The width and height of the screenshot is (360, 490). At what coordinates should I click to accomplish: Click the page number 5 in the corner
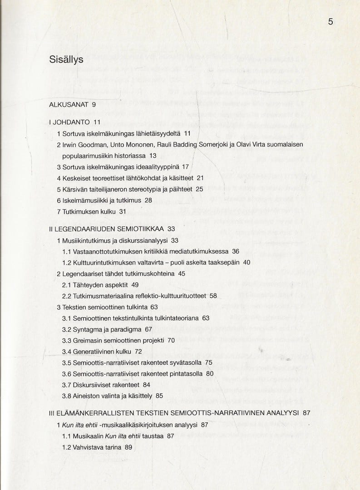coord(330,22)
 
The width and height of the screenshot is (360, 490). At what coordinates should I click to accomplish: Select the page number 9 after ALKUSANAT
coord(94,104)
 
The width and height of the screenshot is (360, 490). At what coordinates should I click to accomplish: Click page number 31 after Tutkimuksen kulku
coord(122,211)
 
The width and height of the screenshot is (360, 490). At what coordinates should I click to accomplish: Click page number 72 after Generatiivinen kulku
coord(138,351)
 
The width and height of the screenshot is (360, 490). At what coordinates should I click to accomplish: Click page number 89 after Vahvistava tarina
coord(128,447)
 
